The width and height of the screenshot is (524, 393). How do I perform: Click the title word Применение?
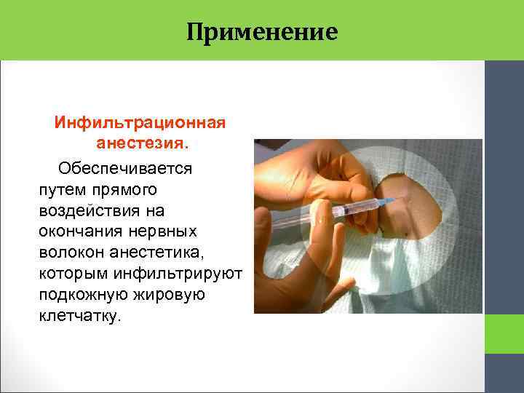click(x=262, y=32)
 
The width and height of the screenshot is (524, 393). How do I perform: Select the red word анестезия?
click(x=140, y=143)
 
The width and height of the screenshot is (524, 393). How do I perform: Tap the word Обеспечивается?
click(x=125, y=168)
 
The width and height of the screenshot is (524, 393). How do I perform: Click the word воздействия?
click(x=94, y=210)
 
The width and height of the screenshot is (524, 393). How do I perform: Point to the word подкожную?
click(x=81, y=296)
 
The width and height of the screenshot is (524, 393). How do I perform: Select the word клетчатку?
click(x=76, y=317)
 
